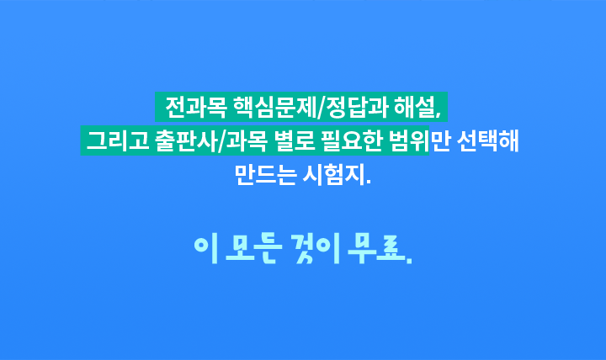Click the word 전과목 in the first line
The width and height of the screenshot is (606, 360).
click(x=196, y=107)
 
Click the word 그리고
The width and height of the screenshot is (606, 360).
click(x=118, y=140)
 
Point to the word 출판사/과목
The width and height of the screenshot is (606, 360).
click(x=211, y=140)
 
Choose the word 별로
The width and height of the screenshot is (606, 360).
click(x=295, y=140)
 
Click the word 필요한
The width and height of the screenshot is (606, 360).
click(x=352, y=140)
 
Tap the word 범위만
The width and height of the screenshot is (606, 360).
click(x=420, y=140)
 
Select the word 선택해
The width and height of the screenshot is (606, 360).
click(x=487, y=140)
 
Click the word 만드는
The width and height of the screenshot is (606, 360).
click(x=265, y=175)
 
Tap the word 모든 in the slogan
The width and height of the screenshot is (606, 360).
click(x=254, y=249)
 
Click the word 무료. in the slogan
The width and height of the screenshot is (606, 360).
click(x=380, y=249)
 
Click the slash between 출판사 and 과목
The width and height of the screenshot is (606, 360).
click(x=222, y=141)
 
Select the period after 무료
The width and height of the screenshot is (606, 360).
click(x=409, y=261)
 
